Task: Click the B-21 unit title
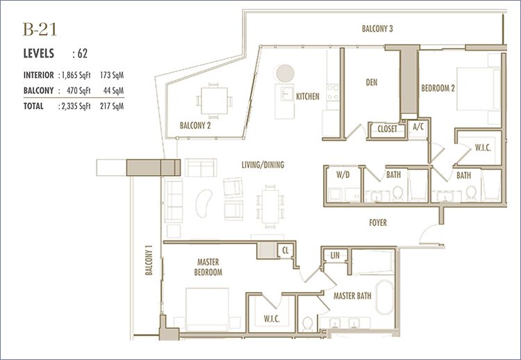[x=40, y=29]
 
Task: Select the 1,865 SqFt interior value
[x=76, y=75]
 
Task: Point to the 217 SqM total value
[x=112, y=106]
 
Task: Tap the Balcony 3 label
[x=377, y=28]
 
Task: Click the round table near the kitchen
[x=285, y=73]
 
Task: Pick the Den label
[x=372, y=82]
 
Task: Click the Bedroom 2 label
[x=438, y=88]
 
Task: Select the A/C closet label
[x=418, y=126]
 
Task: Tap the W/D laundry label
[x=343, y=174]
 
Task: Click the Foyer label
[x=378, y=222]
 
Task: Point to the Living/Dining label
[x=263, y=165]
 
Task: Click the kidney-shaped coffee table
[x=204, y=203]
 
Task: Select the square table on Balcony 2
[x=215, y=101]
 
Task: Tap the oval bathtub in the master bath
[x=385, y=297]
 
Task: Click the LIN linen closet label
[x=335, y=255]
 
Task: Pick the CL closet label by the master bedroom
[x=286, y=251]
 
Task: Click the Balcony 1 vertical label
[x=149, y=261]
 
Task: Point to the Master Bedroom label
[x=208, y=267]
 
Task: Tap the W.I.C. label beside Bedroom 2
[x=483, y=148]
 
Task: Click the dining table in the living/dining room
[x=270, y=206]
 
